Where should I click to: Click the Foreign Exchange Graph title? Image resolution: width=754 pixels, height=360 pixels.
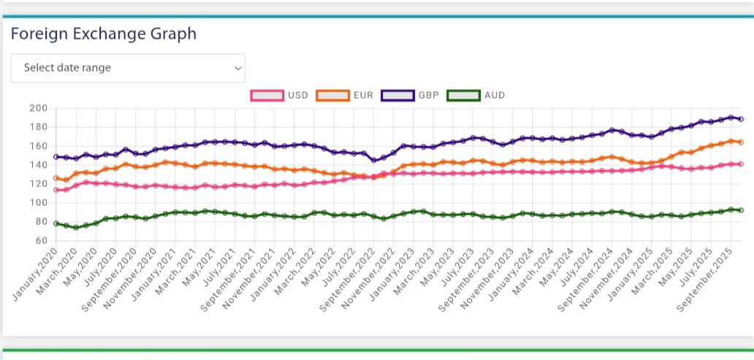click(x=103, y=34)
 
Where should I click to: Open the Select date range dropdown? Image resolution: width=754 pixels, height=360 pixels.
click(x=128, y=68)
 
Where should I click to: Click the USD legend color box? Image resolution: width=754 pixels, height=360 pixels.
click(x=267, y=95)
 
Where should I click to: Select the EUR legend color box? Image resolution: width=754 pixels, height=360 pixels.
click(x=332, y=95)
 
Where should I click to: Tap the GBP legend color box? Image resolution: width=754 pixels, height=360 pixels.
click(x=397, y=95)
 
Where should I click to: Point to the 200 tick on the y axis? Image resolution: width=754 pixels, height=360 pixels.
click(x=38, y=108)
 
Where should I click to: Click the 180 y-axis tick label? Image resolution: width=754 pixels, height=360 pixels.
click(x=38, y=127)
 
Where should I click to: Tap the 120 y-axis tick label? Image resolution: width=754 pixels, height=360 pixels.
click(x=38, y=184)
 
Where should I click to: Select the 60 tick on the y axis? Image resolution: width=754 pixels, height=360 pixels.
click(x=40, y=241)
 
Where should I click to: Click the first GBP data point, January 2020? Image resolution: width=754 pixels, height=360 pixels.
click(x=56, y=156)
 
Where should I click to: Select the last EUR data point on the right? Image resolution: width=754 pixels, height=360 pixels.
click(x=740, y=142)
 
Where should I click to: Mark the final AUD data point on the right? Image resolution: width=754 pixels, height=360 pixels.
click(x=740, y=210)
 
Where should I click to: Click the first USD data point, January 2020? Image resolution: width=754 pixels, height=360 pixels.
click(x=56, y=190)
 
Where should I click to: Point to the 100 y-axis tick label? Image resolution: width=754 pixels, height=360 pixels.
click(x=38, y=203)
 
